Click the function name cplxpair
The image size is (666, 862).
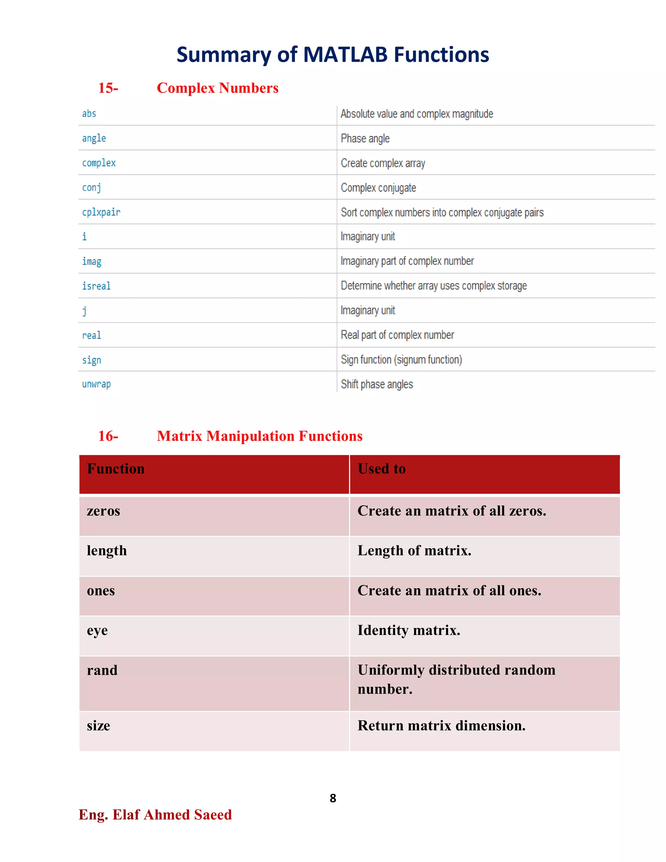tap(101, 212)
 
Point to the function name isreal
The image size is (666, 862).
tap(96, 286)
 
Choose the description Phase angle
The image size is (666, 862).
tap(365, 139)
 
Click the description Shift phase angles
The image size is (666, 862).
tap(377, 384)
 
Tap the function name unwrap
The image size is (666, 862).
tap(96, 384)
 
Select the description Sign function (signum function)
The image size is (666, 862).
tap(401, 359)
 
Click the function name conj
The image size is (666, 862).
tap(91, 187)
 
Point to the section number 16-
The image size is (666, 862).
tap(108, 436)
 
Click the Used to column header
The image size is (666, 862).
tap(381, 469)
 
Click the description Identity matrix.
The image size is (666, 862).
tap(409, 630)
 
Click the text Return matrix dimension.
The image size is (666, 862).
tap(442, 725)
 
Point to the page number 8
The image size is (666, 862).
tap(333, 798)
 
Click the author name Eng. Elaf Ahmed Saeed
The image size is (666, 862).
tap(155, 815)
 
